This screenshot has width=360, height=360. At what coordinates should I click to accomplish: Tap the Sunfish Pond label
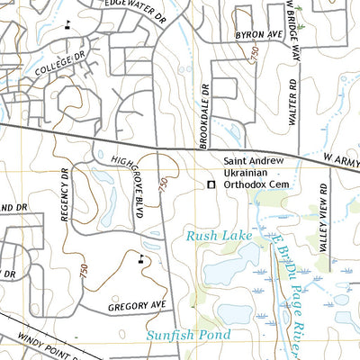click(188, 335)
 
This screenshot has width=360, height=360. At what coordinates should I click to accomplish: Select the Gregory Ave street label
click(139, 307)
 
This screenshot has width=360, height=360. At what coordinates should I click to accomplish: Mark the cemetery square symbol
click(211, 184)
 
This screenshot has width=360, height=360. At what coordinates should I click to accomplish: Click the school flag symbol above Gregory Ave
click(141, 258)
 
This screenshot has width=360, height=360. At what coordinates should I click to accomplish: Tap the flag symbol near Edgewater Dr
click(68, 24)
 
